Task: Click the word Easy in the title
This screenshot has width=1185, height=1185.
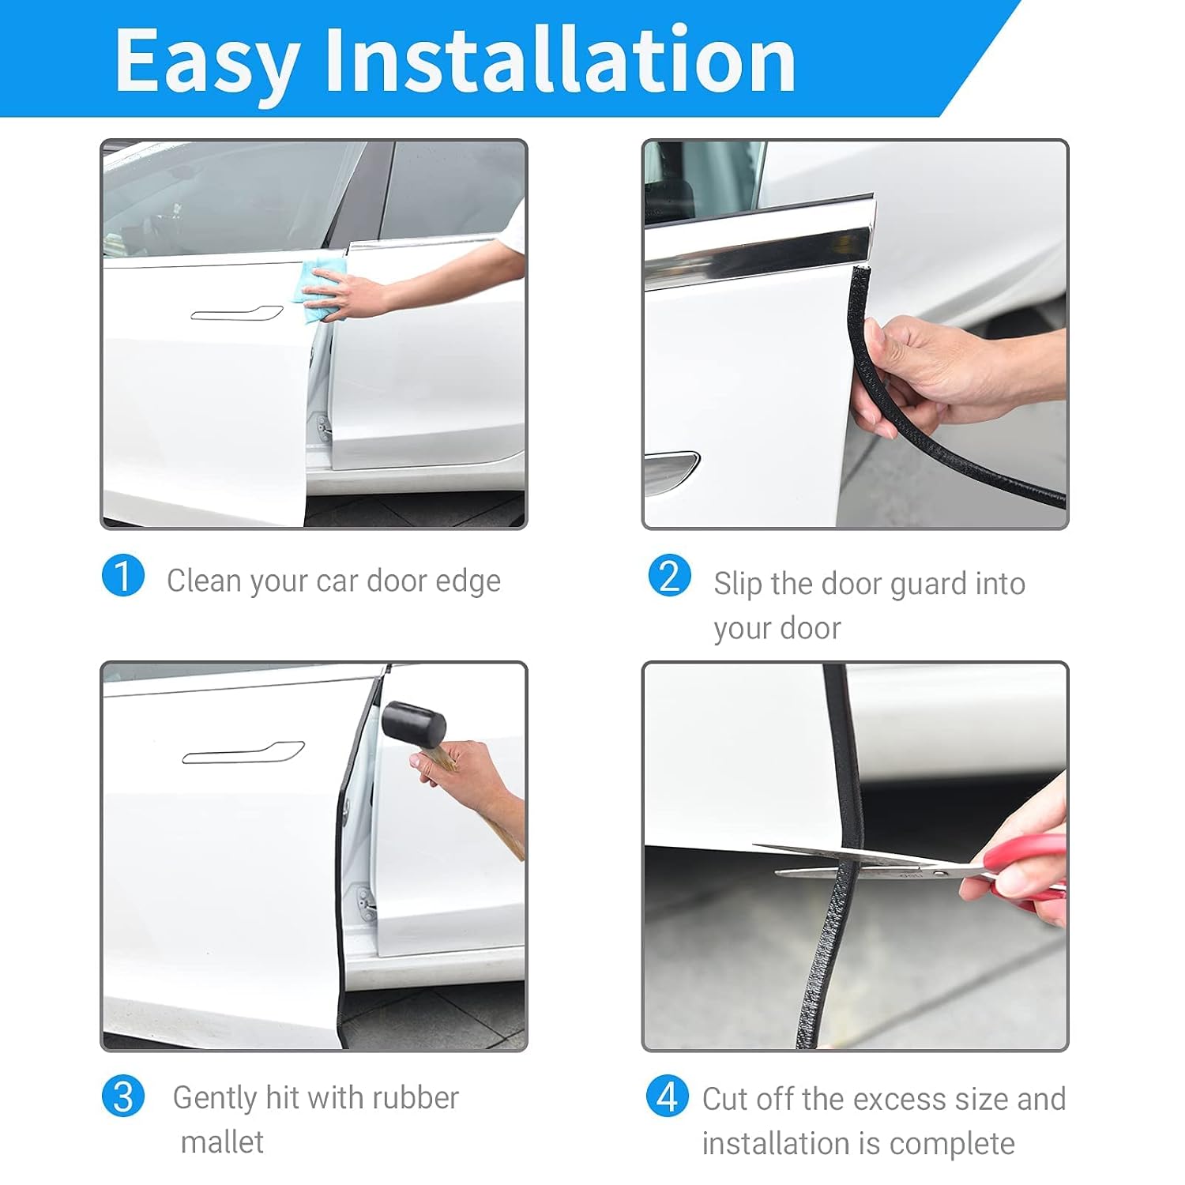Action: pos(207,62)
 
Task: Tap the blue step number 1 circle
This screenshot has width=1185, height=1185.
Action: pos(122,575)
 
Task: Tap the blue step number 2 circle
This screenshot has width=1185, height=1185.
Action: pos(669,575)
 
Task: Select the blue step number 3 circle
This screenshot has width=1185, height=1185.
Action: pos(122,1097)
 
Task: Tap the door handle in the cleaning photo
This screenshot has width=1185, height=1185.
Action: pos(236,313)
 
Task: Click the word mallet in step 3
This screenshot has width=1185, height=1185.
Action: pos(222,1142)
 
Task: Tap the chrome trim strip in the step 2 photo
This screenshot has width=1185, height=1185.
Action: pos(758,249)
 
